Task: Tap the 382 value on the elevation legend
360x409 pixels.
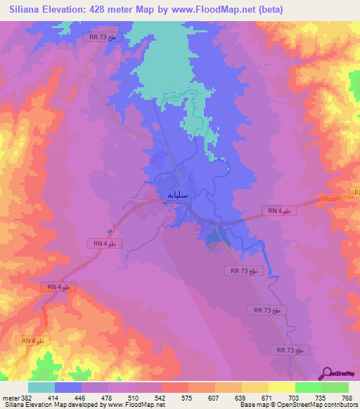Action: [27, 397]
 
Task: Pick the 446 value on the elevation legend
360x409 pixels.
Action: [72, 397]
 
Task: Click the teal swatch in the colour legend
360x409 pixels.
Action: [41, 387]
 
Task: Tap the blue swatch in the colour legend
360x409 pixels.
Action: [67, 387]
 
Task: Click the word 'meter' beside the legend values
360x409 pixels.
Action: [9, 397]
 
